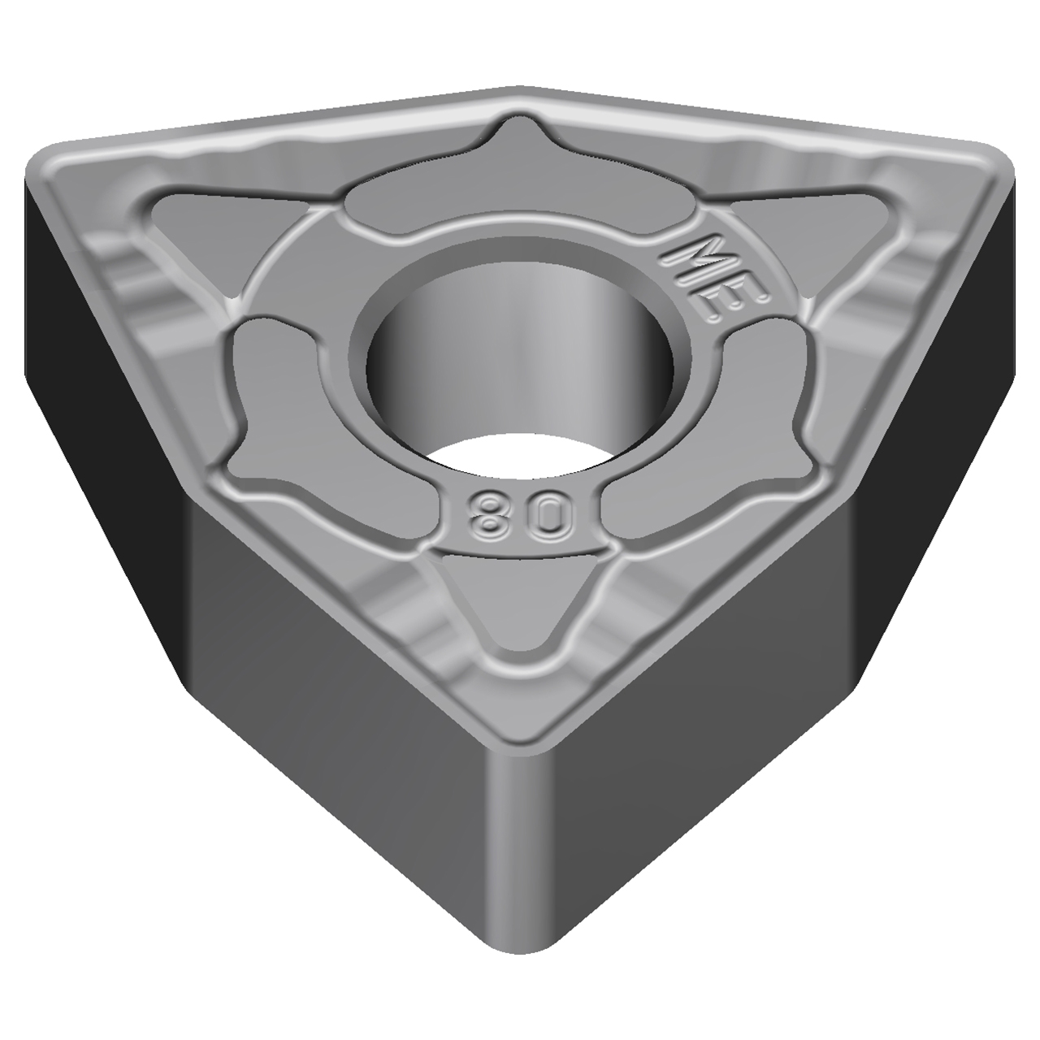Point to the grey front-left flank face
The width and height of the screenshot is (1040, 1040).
coord(325,731)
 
